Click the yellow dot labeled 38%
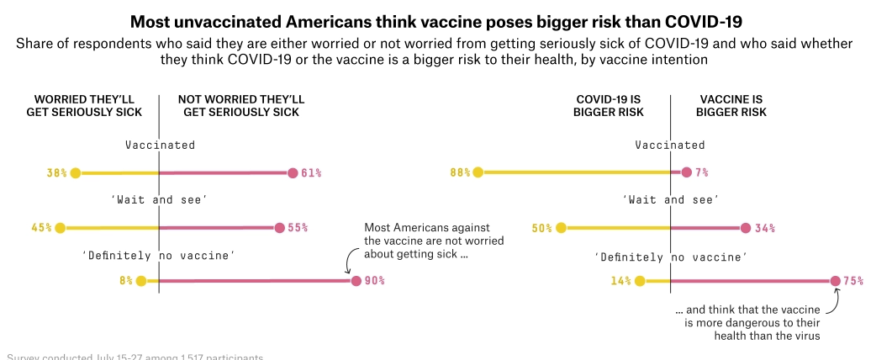pos(75,173)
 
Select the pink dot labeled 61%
pos(293,173)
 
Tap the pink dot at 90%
pos(356,281)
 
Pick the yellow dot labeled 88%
pos(478,173)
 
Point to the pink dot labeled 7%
pos(687,173)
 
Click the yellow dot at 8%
pos(140,281)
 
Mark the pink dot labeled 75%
pos(835,281)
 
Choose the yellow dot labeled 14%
pos(640,281)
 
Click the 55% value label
pos(298,227)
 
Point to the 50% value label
pos(543,227)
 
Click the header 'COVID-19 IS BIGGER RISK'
pos(609,105)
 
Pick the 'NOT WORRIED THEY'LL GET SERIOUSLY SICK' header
pos(240,105)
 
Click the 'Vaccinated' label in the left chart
pos(160,145)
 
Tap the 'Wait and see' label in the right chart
pos(671,199)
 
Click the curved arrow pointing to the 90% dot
pos(347,264)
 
